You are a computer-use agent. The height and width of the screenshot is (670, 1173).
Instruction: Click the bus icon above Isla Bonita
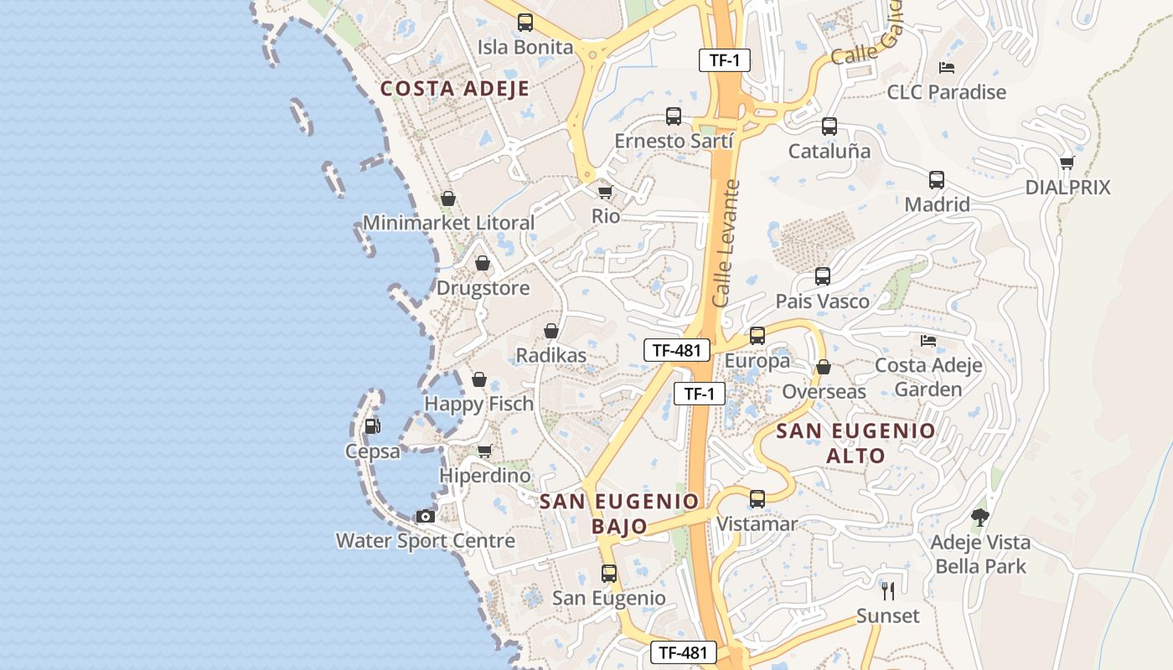point(525,23)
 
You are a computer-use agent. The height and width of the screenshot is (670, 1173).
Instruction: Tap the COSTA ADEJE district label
point(455,89)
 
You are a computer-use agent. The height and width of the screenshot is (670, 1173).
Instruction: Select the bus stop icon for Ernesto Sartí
point(674,116)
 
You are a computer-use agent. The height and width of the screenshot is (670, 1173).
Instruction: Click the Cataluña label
point(829,152)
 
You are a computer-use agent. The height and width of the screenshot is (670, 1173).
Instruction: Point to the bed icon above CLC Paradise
point(947,68)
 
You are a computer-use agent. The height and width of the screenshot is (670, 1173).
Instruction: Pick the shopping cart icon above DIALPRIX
point(1067,162)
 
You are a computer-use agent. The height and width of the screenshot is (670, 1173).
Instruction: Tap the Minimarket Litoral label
point(448,223)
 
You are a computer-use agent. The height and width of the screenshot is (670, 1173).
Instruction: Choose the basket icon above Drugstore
point(483,264)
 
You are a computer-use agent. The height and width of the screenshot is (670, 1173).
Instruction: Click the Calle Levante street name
point(726,243)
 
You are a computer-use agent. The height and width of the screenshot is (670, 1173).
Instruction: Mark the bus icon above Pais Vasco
point(823,276)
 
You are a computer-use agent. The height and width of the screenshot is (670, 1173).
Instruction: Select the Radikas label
point(550,355)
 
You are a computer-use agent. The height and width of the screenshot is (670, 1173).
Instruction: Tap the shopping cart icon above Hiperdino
point(484,451)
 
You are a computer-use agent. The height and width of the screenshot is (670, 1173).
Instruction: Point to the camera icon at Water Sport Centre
point(426,516)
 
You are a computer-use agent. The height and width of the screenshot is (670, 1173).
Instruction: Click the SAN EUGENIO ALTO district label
point(855,443)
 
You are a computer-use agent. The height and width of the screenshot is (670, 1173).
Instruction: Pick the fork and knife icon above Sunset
point(888,590)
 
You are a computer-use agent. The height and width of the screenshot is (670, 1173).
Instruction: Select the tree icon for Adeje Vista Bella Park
point(979,518)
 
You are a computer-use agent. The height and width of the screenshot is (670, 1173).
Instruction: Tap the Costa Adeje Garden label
point(928,378)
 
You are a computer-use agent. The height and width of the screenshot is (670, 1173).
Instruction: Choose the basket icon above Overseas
point(824,368)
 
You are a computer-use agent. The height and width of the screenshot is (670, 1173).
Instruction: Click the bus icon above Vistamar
point(757,499)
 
